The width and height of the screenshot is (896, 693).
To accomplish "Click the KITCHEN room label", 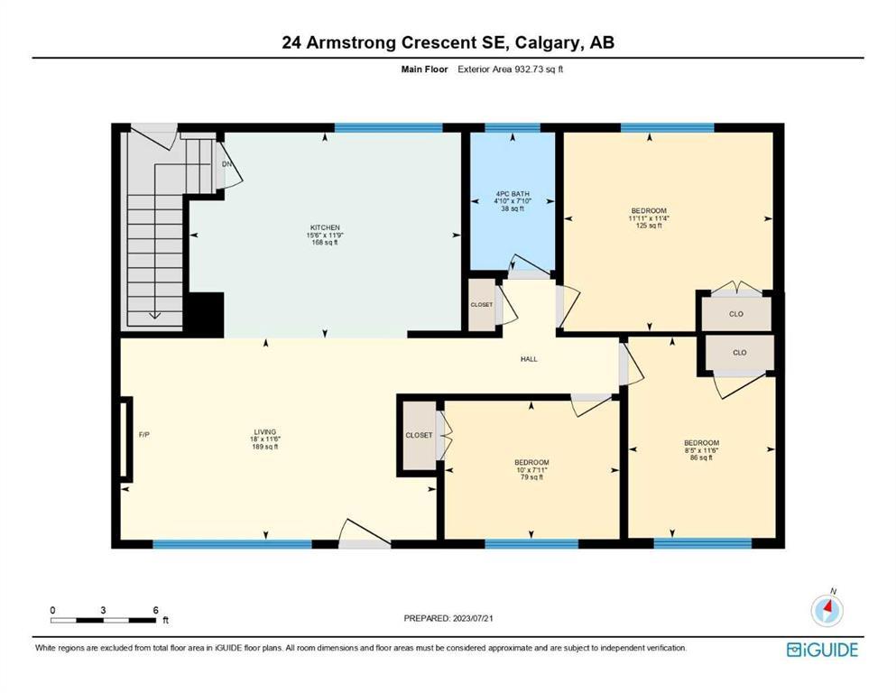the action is pyautogui.click(x=325, y=227).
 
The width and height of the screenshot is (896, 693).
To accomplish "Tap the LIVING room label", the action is pyautogui.click(x=265, y=432).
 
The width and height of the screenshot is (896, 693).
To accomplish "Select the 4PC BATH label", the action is pyautogui.click(x=513, y=194).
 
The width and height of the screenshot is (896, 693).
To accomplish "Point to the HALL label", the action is pyautogui.click(x=529, y=359).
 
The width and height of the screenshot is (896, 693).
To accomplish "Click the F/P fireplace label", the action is pyautogui.click(x=144, y=435).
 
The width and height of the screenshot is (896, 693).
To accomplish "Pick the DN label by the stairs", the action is pyautogui.click(x=226, y=164).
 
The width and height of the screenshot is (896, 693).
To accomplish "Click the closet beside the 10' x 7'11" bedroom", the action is pyautogui.click(x=420, y=435).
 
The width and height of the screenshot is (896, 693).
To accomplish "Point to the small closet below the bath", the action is pyautogui.click(x=482, y=304).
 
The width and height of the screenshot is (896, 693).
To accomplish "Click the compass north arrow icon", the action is pyautogui.click(x=827, y=610).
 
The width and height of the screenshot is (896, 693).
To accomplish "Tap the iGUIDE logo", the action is pyautogui.click(x=822, y=650).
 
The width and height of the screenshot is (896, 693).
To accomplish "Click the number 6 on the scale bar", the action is pyautogui.click(x=155, y=610).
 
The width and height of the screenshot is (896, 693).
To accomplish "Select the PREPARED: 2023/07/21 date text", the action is pyautogui.click(x=448, y=618).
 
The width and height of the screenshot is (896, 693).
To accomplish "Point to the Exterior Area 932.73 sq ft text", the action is pyautogui.click(x=511, y=69).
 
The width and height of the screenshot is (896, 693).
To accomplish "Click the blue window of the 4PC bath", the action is pyautogui.click(x=513, y=127).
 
